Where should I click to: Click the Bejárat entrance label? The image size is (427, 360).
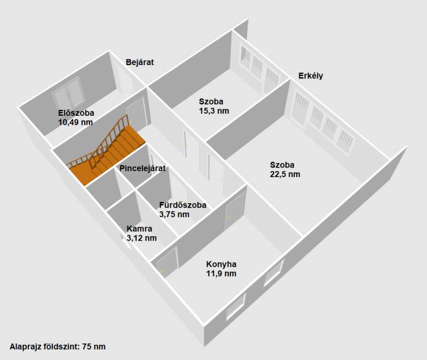tap(140, 62)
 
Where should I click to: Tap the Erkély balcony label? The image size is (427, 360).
tap(311, 76)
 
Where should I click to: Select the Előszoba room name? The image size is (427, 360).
tap(76, 113)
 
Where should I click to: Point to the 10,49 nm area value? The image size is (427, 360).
tap(75, 122)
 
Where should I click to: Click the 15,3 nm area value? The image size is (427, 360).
tap(214, 111)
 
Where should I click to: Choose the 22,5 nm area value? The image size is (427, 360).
tap(285, 174)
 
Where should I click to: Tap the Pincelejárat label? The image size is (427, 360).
tap(143, 169)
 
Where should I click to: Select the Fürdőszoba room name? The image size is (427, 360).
tap(183, 205)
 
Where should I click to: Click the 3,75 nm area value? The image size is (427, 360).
tap(175, 214)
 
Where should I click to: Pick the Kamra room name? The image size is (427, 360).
tap(139, 229)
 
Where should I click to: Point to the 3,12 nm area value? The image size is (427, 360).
tap(141, 238)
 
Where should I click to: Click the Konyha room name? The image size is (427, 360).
tap(221, 264)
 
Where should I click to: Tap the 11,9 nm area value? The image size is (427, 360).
tap(221, 274)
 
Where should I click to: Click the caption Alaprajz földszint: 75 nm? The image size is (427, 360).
tap(58, 347)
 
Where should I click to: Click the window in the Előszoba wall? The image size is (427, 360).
tap(68, 93)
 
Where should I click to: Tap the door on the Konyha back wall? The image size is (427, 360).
tap(234, 210)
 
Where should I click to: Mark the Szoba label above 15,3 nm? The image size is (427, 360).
tap(211, 101)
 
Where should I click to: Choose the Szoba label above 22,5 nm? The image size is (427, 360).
tap(282, 165)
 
